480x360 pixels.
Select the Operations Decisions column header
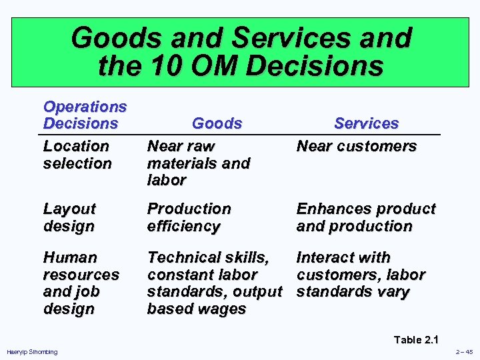click(85, 115)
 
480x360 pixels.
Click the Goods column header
click(217, 123)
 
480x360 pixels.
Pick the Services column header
click(366, 123)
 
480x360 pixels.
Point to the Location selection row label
click(77, 154)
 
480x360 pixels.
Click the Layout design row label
click(69, 217)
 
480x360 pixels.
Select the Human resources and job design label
click(81, 283)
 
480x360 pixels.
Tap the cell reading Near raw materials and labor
click(198, 163)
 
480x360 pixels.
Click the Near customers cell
click(356, 146)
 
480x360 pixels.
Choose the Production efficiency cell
click(189, 217)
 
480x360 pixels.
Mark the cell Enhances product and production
click(365, 217)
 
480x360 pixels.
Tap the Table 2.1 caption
click(417, 340)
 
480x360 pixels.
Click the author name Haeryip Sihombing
click(31, 352)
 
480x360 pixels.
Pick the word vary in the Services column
click(393, 292)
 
